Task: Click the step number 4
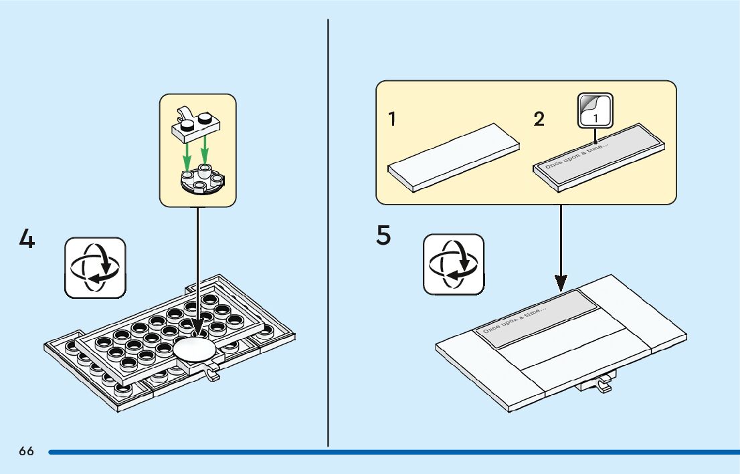[x=26, y=239]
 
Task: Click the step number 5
[x=383, y=235]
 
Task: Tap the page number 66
[x=26, y=451]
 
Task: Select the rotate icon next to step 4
[x=94, y=267]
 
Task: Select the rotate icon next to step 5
[x=454, y=264]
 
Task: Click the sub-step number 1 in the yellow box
[x=392, y=120]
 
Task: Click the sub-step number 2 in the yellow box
[x=539, y=120]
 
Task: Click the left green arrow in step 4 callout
[x=188, y=154]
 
